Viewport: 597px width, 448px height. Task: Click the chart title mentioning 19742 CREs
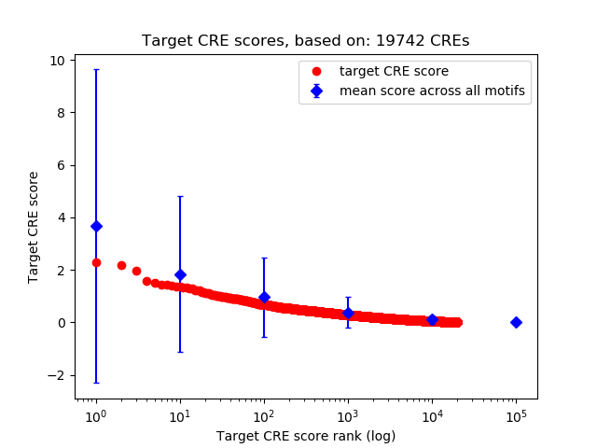[x=306, y=41]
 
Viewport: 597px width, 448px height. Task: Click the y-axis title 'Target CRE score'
[x=34, y=227]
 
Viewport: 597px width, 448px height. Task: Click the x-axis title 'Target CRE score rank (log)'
[x=306, y=436]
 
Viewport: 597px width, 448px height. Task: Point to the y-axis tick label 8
[x=61, y=113]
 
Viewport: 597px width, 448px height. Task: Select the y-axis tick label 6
[x=61, y=165]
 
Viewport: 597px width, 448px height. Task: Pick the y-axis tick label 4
[x=61, y=217]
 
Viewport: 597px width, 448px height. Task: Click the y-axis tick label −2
[x=57, y=375]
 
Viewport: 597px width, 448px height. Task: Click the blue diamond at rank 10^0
[x=96, y=226]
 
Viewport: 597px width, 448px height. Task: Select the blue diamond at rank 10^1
[x=180, y=274]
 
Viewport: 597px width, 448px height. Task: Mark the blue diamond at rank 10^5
[x=516, y=322]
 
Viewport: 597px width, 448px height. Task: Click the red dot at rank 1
[x=96, y=262]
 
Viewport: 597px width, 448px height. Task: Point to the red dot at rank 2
[x=121, y=265]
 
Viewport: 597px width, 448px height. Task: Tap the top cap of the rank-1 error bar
[x=96, y=70]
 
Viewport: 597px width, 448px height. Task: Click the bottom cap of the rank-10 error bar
[x=180, y=352]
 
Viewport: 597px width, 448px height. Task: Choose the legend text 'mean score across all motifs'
[x=432, y=91]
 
